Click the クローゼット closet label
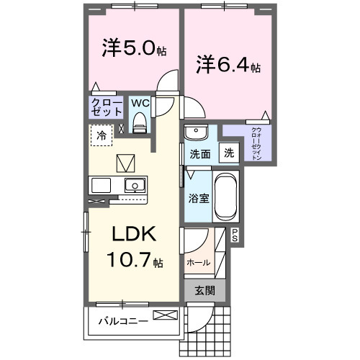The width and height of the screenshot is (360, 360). pos(105,107)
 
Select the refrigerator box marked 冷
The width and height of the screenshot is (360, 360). pos(102,135)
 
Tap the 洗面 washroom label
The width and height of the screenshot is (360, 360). pos(199,153)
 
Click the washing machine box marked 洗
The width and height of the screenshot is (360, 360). pos(228,153)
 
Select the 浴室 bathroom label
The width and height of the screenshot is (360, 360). pos(199,197)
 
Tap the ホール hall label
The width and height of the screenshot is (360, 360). pos(199,262)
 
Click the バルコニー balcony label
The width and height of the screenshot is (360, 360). pos(123,320)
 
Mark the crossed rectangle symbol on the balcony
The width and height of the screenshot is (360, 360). pos(163,315)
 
